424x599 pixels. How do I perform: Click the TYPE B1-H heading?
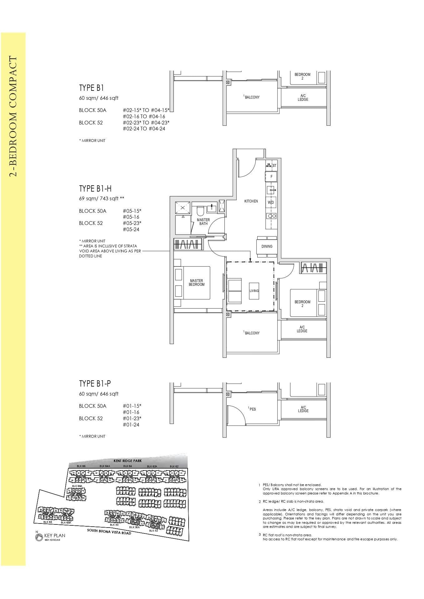pyautogui.click(x=95, y=188)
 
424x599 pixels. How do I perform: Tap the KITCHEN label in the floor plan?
pyautogui.click(x=251, y=201)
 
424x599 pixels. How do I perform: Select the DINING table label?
pyautogui.click(x=267, y=246)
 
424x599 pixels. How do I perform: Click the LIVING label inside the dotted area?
pyautogui.click(x=254, y=291)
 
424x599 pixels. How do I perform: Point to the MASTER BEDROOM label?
pyautogui.click(x=196, y=283)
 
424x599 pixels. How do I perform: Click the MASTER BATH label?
pyautogui.click(x=203, y=222)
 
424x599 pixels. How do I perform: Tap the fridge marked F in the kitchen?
pyautogui.click(x=271, y=177)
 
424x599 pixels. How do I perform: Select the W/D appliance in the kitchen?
pyautogui.click(x=271, y=202)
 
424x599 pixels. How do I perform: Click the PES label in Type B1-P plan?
pyautogui.click(x=252, y=409)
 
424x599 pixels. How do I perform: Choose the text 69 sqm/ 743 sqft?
pyautogui.click(x=102, y=198)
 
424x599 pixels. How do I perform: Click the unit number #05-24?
pyautogui.click(x=131, y=229)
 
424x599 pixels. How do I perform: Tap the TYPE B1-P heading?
pyautogui.click(x=95, y=383)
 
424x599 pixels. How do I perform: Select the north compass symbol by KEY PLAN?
pyautogui.click(x=39, y=537)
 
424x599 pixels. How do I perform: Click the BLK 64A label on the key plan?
pyautogui.click(x=105, y=466)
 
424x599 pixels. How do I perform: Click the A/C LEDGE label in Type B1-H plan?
pyautogui.click(x=302, y=329)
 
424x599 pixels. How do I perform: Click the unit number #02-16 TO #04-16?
pyautogui.click(x=144, y=116)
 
